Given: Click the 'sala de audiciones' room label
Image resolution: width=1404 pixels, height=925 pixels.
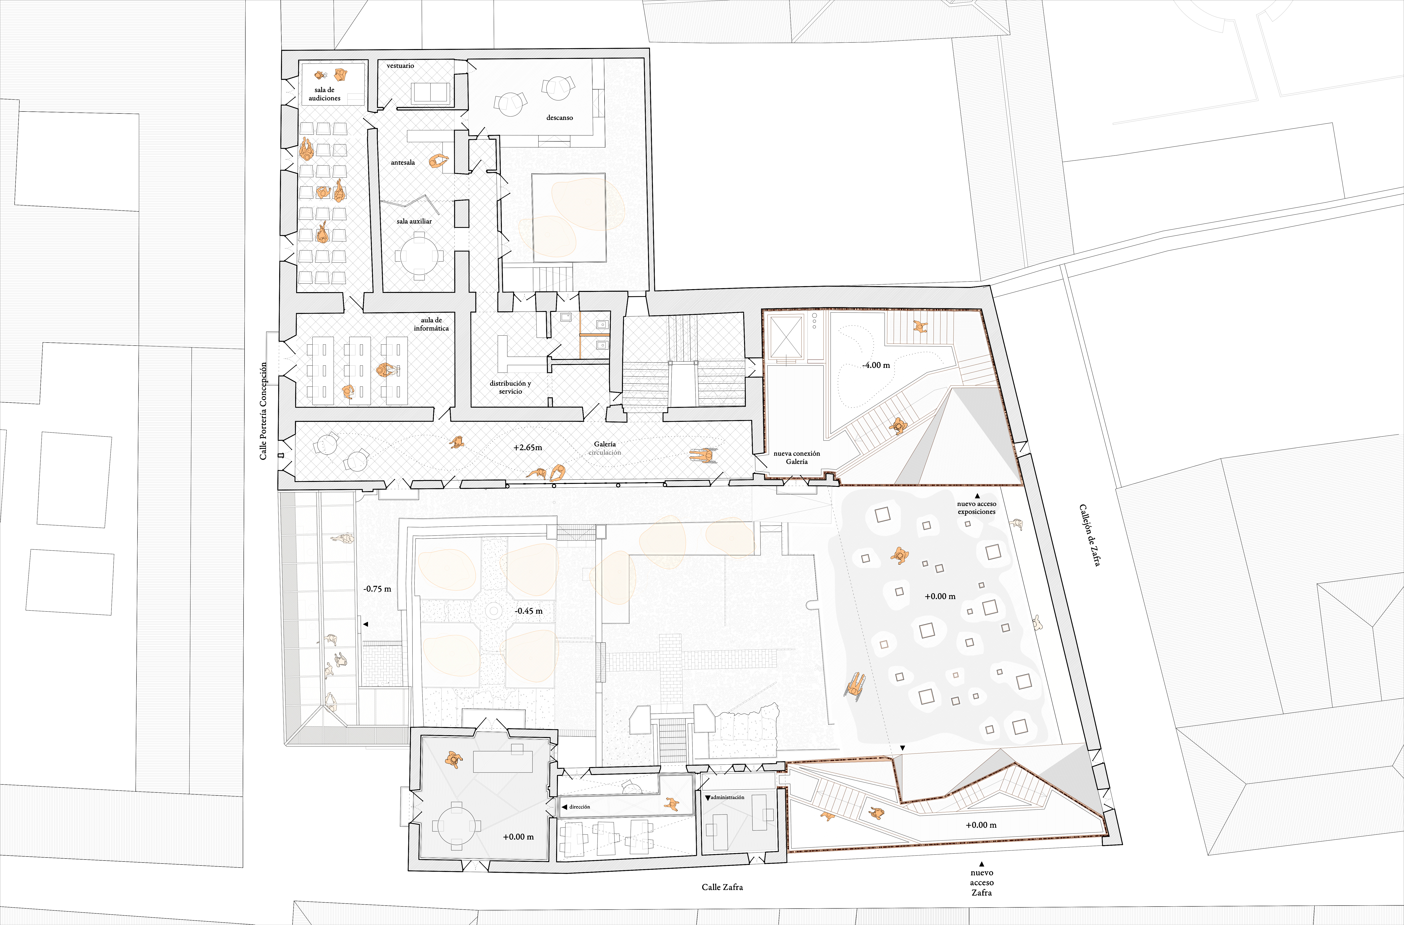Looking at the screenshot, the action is [x=324, y=94].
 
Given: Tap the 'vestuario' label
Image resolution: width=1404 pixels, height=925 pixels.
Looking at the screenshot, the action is [x=401, y=65].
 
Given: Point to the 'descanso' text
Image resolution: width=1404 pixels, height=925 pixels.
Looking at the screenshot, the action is [x=559, y=118].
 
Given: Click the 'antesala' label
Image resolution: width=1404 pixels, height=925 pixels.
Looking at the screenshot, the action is [x=403, y=162].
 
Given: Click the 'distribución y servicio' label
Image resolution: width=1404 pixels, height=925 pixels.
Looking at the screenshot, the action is [x=510, y=387].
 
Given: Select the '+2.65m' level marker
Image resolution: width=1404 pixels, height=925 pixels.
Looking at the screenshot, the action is [x=527, y=447].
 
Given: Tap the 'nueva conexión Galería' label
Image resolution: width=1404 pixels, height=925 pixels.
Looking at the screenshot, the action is [x=797, y=457].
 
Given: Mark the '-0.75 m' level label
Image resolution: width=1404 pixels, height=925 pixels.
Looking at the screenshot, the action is [x=377, y=588].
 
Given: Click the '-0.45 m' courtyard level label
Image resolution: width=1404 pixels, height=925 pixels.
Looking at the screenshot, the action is [x=529, y=611].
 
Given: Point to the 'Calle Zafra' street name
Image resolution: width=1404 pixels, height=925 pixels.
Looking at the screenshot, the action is [x=722, y=887].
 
